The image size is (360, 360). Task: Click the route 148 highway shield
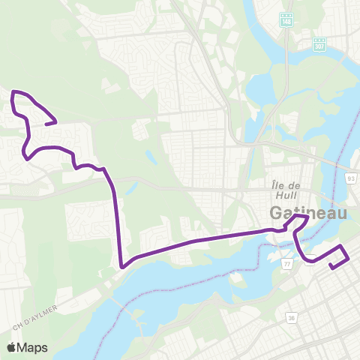point(286,22)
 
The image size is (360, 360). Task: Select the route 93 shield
point(350,178)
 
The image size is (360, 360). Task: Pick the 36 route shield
point(289,318)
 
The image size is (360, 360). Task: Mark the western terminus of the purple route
point(55,122)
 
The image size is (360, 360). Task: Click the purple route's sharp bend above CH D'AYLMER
point(121,265)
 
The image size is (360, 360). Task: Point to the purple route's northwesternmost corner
point(13,92)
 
